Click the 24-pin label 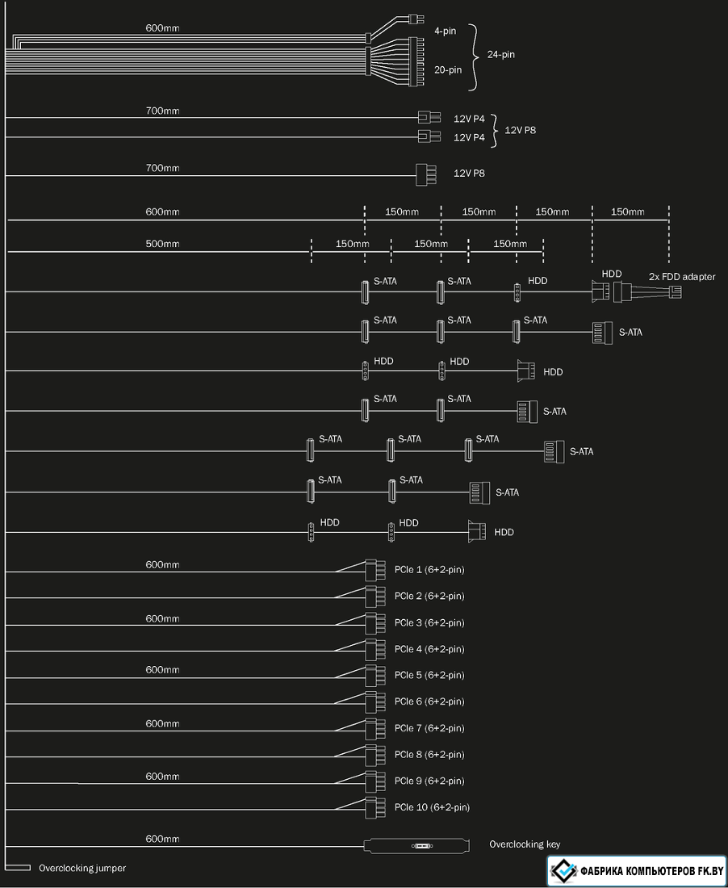(501, 55)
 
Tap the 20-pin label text (448, 70)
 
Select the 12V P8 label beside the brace (521, 130)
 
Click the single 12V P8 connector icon (426, 174)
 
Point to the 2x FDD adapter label (682, 277)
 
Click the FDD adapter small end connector (676, 292)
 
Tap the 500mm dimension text (162, 244)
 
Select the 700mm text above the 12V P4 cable (162, 111)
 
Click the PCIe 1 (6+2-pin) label (429, 570)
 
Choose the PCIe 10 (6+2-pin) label (432, 807)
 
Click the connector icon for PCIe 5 (371, 676)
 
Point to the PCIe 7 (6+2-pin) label (429, 728)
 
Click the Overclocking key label (525, 844)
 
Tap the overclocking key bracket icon (416, 845)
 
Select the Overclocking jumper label (82, 868)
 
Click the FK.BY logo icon (564, 870)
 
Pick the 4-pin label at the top (445, 31)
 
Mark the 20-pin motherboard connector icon (416, 61)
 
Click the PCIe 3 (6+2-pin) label (429, 623)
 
